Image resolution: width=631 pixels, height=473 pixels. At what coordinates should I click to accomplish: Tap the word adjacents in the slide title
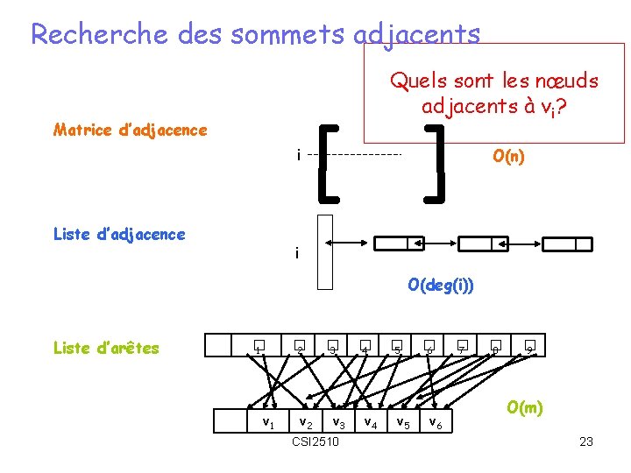(x=418, y=35)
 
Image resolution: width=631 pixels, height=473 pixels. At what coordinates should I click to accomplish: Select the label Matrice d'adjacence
(x=131, y=131)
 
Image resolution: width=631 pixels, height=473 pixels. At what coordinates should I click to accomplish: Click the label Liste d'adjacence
(x=119, y=234)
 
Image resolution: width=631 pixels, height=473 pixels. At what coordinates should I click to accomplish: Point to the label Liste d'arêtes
(x=106, y=348)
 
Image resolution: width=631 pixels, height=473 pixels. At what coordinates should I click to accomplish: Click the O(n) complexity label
(x=508, y=157)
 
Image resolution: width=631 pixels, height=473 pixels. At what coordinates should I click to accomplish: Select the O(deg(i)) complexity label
(x=441, y=286)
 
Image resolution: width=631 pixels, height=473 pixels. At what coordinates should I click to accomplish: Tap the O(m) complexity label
(x=525, y=407)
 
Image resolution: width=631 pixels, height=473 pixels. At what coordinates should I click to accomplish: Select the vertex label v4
(x=371, y=424)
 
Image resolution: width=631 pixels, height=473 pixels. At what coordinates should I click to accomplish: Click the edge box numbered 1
(x=259, y=348)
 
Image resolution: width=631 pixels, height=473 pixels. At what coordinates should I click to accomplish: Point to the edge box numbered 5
(x=396, y=348)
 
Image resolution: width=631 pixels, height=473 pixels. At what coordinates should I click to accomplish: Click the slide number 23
(x=586, y=441)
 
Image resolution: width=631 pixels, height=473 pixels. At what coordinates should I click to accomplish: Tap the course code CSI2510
(x=315, y=441)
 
